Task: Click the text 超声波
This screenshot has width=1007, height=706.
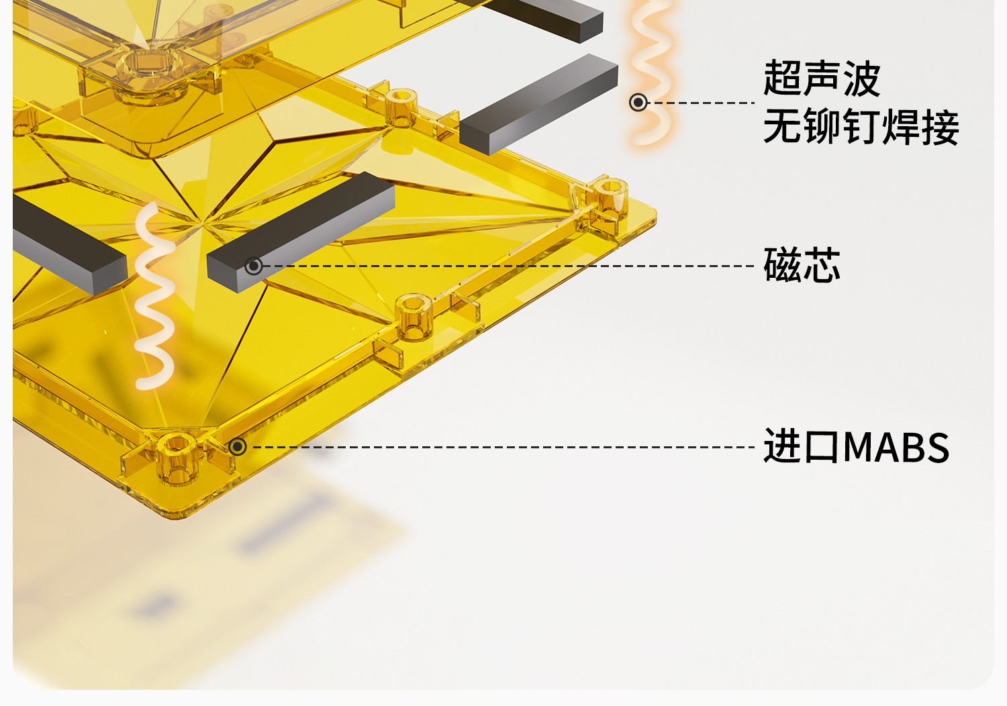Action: point(821,79)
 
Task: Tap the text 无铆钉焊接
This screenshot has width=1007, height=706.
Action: point(861,128)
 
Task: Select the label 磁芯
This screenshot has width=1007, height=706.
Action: point(802,264)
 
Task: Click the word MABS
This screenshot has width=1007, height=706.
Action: point(896,448)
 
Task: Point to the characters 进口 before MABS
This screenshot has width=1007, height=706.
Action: point(802,446)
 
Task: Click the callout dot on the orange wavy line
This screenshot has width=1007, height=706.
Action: point(638,102)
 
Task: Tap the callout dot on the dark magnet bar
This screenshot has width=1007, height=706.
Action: point(253,266)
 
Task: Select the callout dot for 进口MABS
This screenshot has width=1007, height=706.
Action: point(237,447)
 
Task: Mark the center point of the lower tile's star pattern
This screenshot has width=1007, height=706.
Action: point(201,218)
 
